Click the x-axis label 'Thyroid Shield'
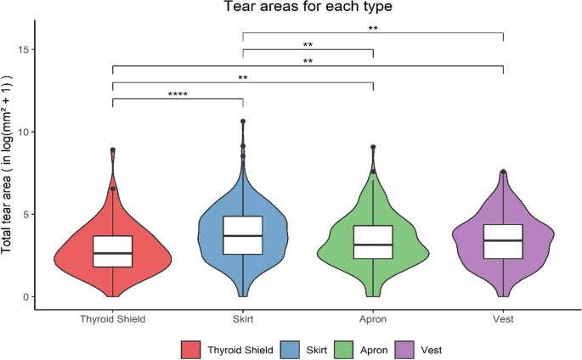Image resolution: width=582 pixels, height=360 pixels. coord(112,319)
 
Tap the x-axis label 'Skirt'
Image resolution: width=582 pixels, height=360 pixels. coord(243,319)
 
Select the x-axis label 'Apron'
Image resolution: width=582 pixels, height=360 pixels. coord(373,319)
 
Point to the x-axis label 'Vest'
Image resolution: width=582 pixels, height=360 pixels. coord(504,319)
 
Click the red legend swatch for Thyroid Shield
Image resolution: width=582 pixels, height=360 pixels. coord(190,349)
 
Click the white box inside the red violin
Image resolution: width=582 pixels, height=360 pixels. coord(113,251)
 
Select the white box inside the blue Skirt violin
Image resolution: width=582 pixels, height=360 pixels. coord(243,235)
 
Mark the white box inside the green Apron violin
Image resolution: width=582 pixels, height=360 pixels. coord(373,242)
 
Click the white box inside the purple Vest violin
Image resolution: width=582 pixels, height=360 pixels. coord(504,242)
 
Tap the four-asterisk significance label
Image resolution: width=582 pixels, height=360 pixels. coord(178,94)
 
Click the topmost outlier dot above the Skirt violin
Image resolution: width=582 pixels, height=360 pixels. coord(243,122)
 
